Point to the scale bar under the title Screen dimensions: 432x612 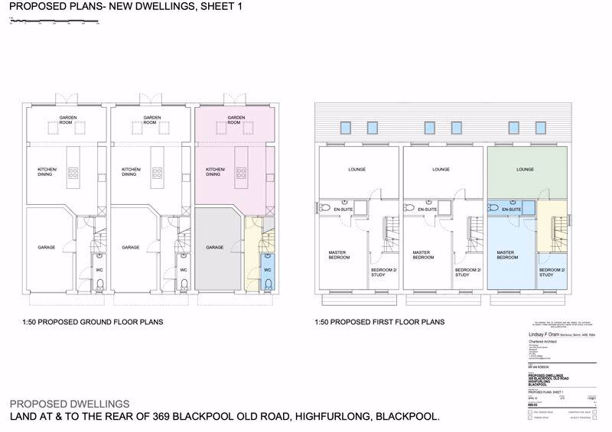[x=54, y=22]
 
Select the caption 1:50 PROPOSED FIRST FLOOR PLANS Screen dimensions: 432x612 [x=379, y=323]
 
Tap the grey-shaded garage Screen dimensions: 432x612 [x=216, y=252]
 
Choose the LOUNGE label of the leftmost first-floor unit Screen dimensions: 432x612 [x=357, y=169]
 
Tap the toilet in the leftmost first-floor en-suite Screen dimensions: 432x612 [x=324, y=207]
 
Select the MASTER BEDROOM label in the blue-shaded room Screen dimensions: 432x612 [x=507, y=255]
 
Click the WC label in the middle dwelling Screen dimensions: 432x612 [x=184, y=270]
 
